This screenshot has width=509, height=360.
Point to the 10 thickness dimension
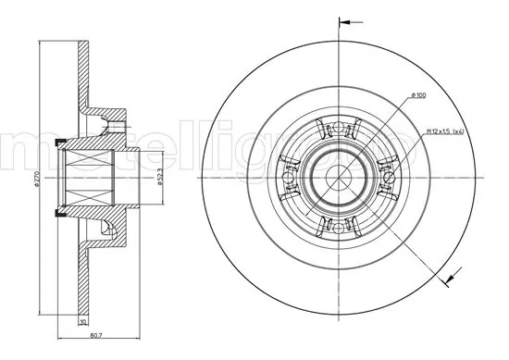click(x=82, y=321)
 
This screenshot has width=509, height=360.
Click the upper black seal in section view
click(x=61, y=142)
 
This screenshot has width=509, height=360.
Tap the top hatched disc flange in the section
click(x=84, y=65)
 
